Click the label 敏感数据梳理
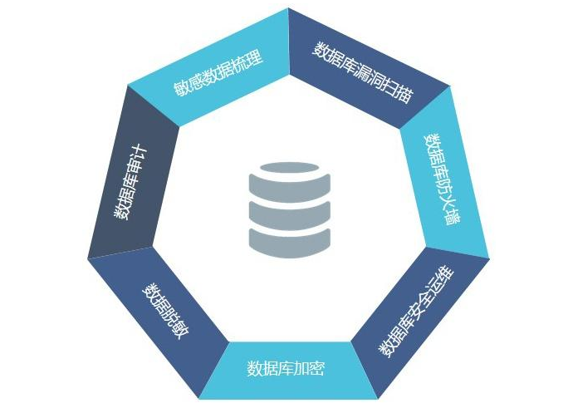pos(218,73)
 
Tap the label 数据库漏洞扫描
pos(363,73)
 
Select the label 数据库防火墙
pos(442,179)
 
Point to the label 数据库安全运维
pos(415,311)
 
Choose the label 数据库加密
pos(286,368)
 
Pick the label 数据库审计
pos(130,183)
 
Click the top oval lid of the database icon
pos(290,168)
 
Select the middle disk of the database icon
pos(290,214)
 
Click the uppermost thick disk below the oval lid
pos(290,187)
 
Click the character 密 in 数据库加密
pos(316,368)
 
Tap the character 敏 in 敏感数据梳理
pos(181,88)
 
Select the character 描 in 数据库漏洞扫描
pos(405,95)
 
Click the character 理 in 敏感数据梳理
pos(254,59)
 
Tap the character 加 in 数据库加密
pos(301,368)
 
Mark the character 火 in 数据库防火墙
pos(448,201)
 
